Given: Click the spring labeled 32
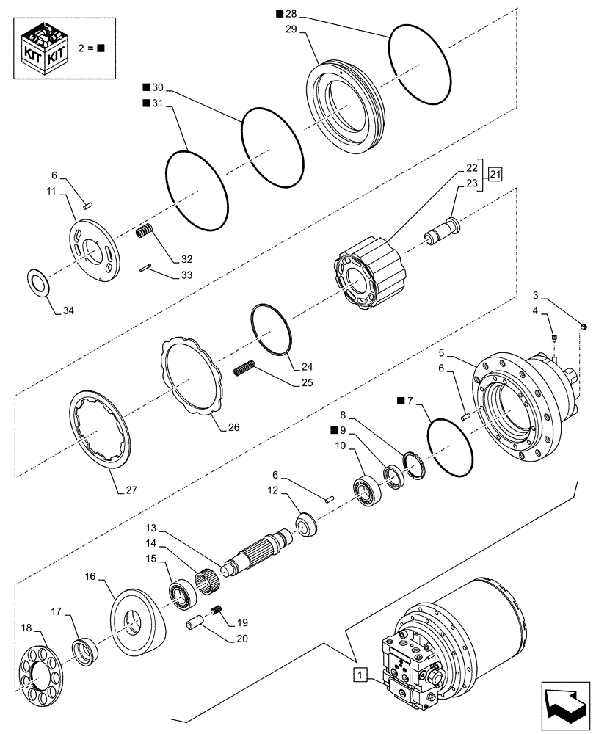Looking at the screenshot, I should click(x=144, y=233).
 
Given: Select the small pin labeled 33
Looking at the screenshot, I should click(x=146, y=267).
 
